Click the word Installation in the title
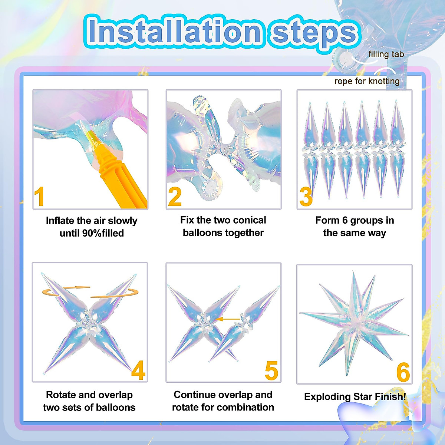pyautogui.click(x=174, y=32)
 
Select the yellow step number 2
pyautogui.click(x=175, y=197)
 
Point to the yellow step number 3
pyautogui.click(x=306, y=197)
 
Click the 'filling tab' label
pyautogui.click(x=386, y=55)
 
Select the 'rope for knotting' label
pyautogui.click(x=367, y=81)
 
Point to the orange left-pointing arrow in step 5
pyautogui.click(x=228, y=319)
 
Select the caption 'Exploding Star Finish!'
pyautogui.click(x=355, y=396)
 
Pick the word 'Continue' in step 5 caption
pyautogui.click(x=195, y=395)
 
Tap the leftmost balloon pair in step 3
pyautogui.click(x=310, y=150)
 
